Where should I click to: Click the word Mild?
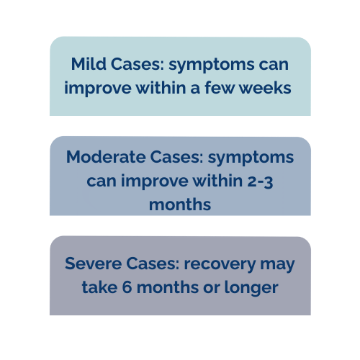(88, 64)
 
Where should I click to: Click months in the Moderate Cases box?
(180, 204)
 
